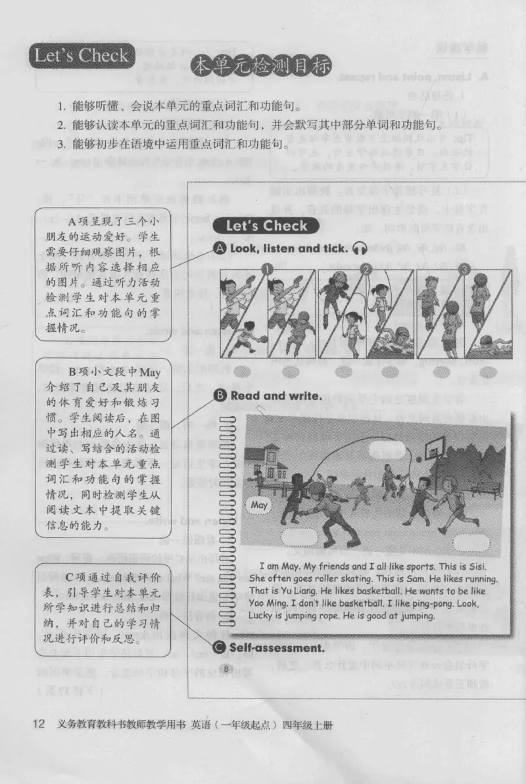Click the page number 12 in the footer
point(38,725)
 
